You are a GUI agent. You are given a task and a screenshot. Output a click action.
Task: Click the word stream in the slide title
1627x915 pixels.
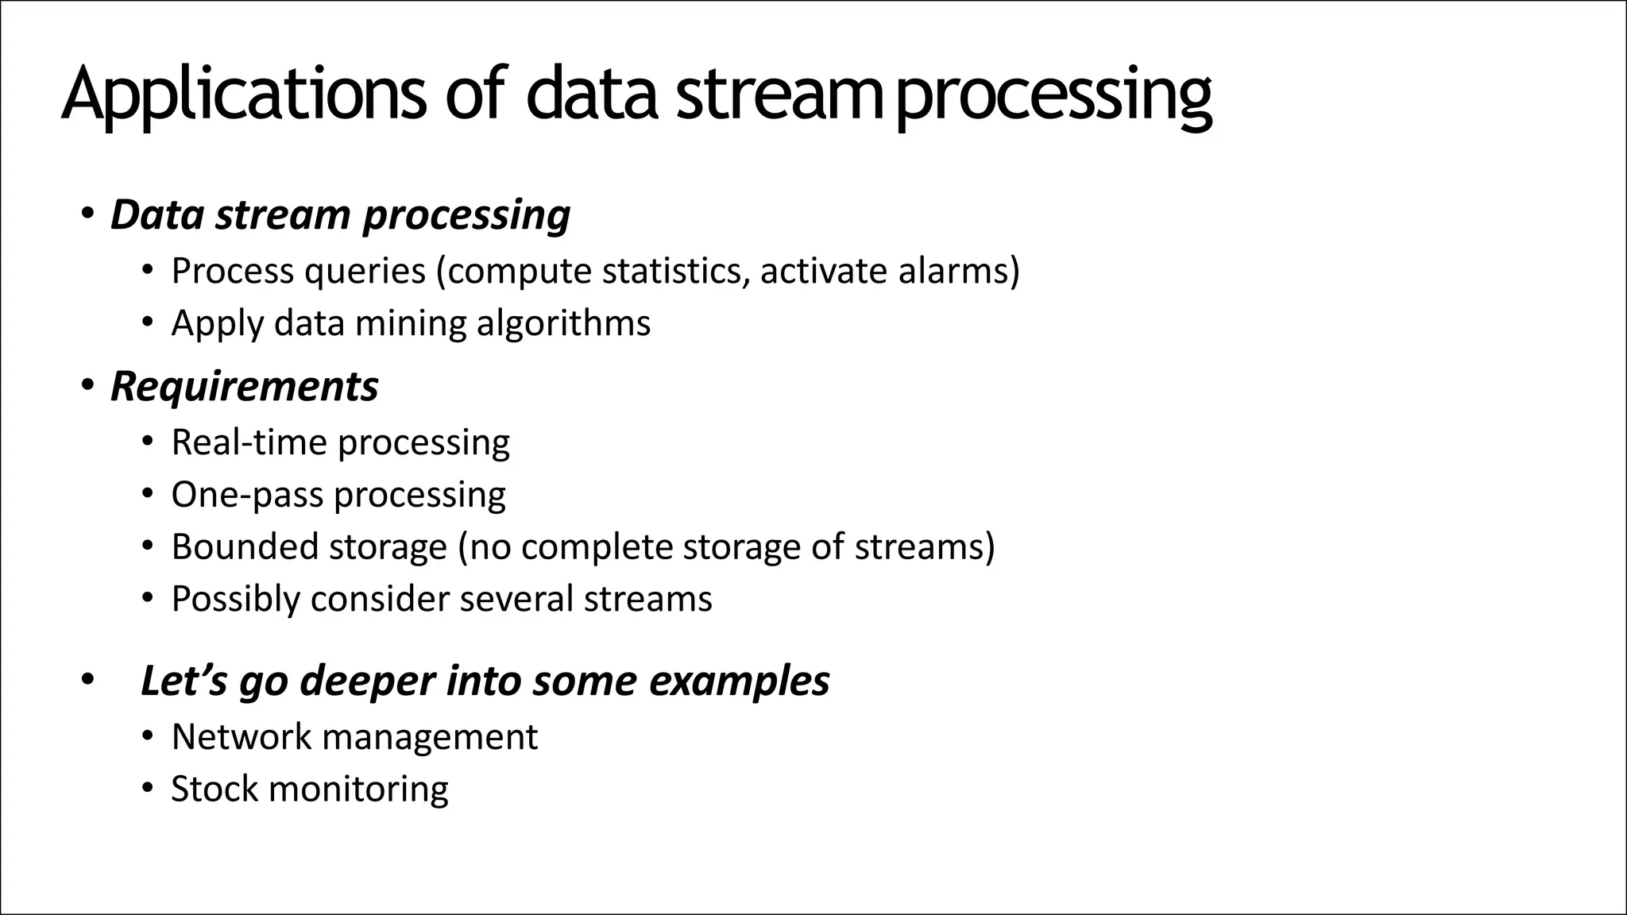(777, 95)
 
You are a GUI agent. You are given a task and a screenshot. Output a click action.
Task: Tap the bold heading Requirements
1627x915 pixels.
(244, 387)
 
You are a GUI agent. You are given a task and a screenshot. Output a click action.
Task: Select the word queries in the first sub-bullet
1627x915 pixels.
(365, 272)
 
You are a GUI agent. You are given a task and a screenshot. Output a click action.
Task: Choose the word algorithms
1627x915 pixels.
(563, 324)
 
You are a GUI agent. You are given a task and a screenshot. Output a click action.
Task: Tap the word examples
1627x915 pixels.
(739, 681)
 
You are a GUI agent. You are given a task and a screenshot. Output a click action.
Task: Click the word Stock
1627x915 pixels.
(214, 789)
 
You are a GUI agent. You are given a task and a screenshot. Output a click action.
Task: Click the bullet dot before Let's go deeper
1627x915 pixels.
(87, 681)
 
